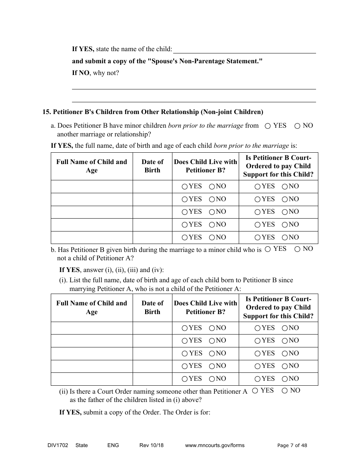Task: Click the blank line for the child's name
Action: pyautogui.click(x=244, y=50)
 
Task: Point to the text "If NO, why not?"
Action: pyautogui.click(x=95, y=73)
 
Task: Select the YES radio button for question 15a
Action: pyautogui.click(x=268, y=126)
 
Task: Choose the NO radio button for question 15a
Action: pyautogui.click(x=297, y=126)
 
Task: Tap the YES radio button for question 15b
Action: pyautogui.click(x=268, y=249)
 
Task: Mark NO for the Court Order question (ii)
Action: pyautogui.click(x=285, y=391)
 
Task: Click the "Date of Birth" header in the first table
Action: pyautogui.click(x=152, y=166)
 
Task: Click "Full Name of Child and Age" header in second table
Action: pyautogui.click(x=92, y=307)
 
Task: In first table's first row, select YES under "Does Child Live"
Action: pyautogui.click(x=185, y=186)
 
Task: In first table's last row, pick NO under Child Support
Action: pyautogui.click(x=285, y=238)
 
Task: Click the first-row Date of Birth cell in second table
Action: pyautogui.click(x=152, y=328)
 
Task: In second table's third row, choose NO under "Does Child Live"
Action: pyautogui.click(x=212, y=353)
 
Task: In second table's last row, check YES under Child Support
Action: pyautogui.click(x=258, y=379)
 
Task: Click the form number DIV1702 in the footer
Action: pyautogui.click(x=55, y=445)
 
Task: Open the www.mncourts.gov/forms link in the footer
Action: pyautogui.click(x=214, y=445)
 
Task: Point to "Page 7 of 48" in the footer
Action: pyautogui.click(x=292, y=446)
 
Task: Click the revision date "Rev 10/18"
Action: pyautogui.click(x=152, y=445)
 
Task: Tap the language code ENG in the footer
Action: pyautogui.click(x=113, y=445)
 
